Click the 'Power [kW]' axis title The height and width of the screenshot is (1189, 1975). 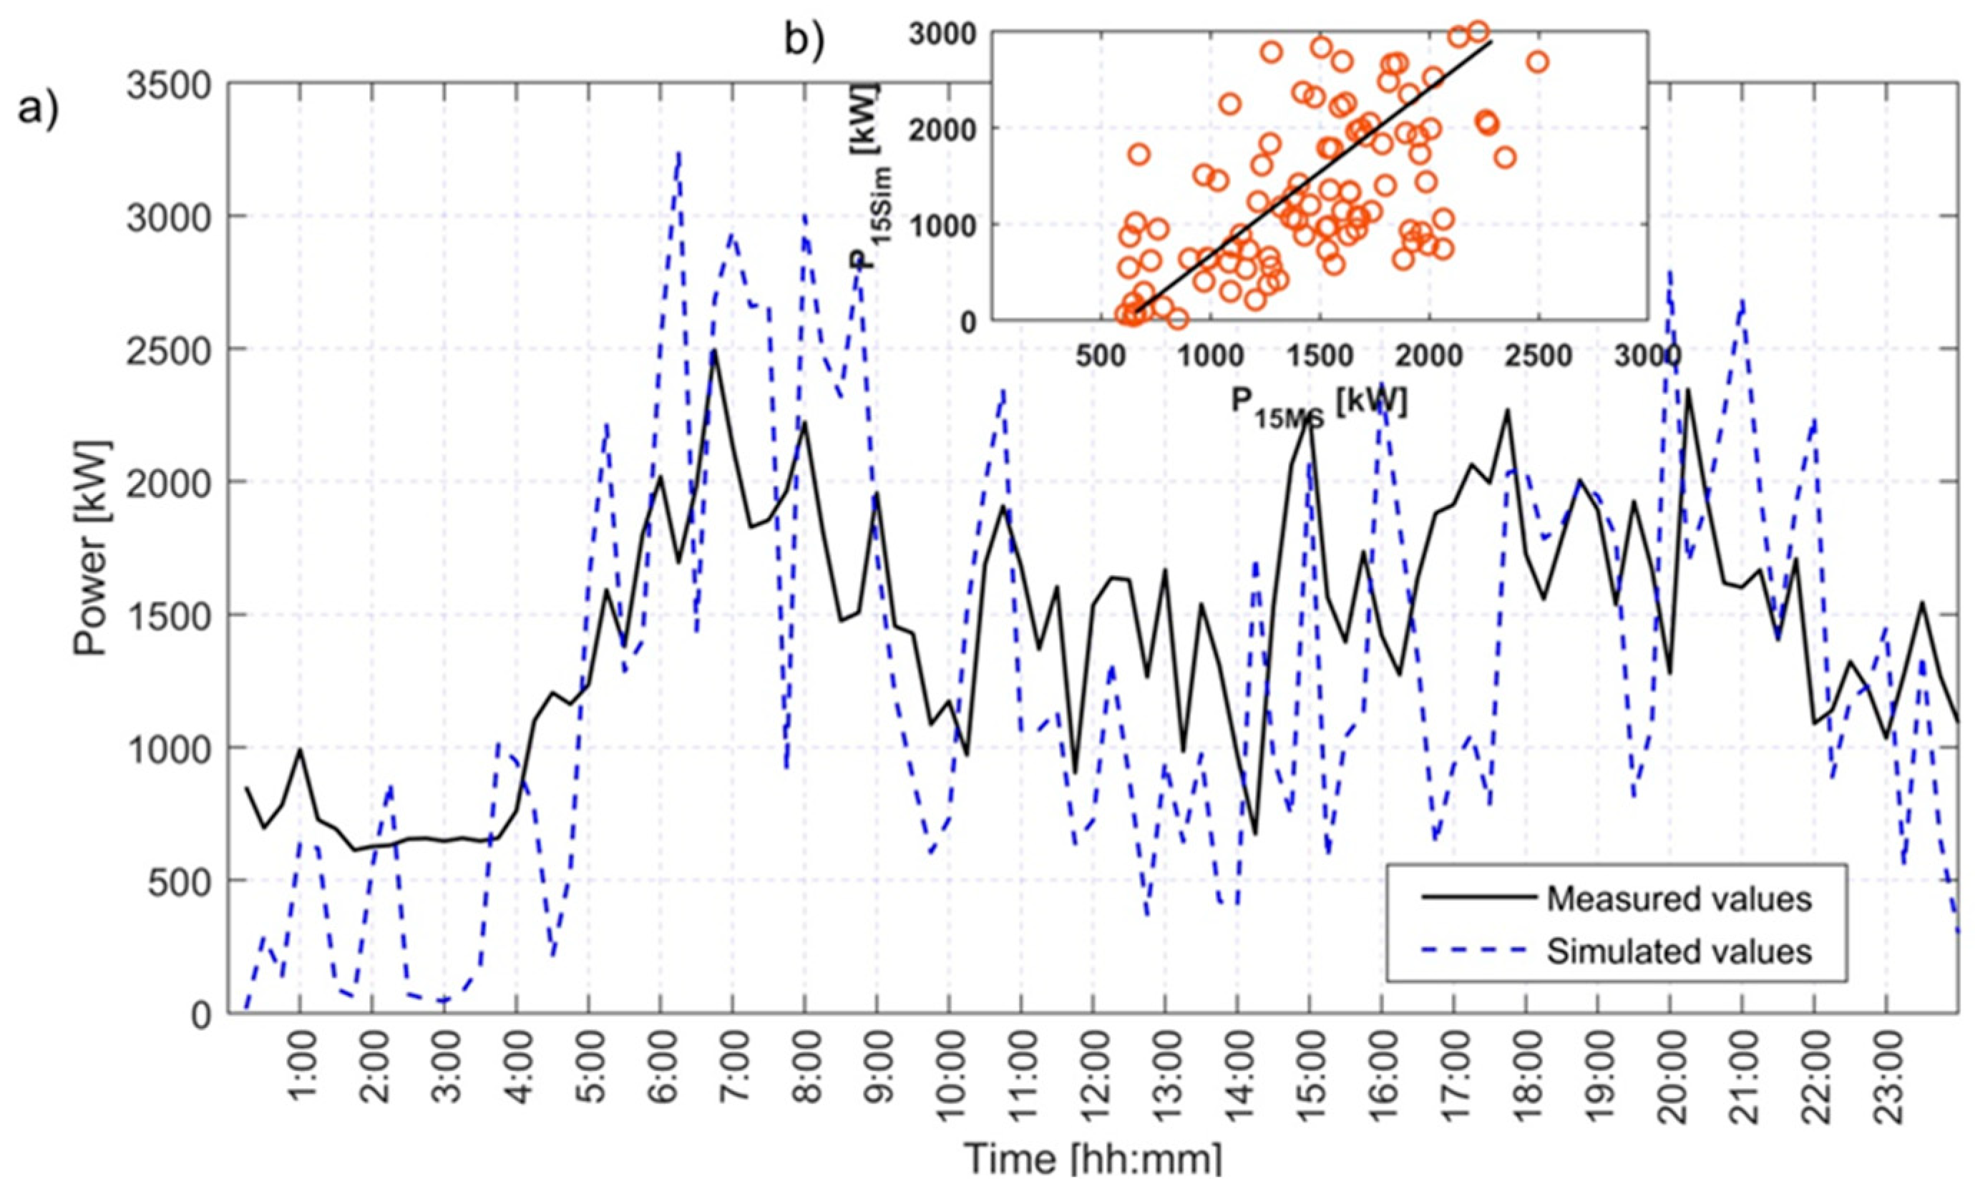(x=91, y=549)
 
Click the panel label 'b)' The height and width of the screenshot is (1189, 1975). (x=804, y=39)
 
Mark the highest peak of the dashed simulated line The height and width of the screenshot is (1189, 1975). (x=678, y=152)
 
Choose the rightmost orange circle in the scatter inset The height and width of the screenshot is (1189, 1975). (x=1537, y=62)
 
